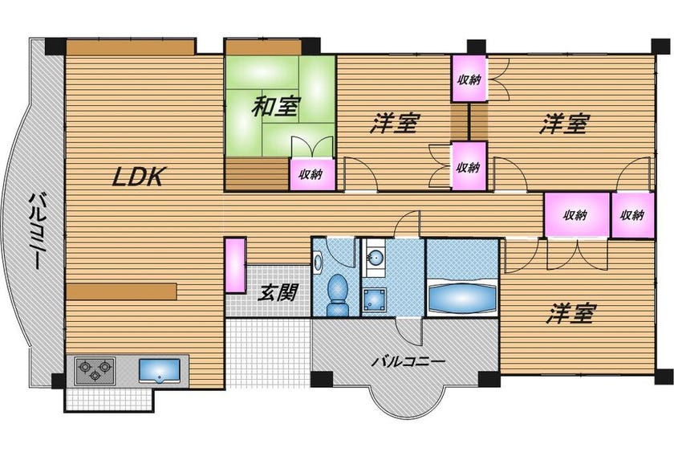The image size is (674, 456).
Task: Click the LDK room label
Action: pos(138,177)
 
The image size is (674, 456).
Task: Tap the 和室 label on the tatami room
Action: pos(275,106)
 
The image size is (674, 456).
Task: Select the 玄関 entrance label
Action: pos(278,293)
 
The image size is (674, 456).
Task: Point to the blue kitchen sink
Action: pos(159,371)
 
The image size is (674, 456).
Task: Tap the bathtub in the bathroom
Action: pos(462,299)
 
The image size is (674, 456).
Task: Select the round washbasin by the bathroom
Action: pos(376,259)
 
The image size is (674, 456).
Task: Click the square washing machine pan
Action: pos(375,299)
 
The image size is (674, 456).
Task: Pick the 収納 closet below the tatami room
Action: pos(312,174)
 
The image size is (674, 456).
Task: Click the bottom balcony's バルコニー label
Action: pos(408,361)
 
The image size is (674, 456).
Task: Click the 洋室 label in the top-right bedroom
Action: pos(564,124)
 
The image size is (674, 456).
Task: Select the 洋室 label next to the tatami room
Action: pos(395,123)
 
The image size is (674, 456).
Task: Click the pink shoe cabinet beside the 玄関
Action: pos(236,266)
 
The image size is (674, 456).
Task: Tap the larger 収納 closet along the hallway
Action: pos(577,214)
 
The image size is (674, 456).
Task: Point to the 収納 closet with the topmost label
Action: pos(469,79)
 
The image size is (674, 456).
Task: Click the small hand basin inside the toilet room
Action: pos(317,262)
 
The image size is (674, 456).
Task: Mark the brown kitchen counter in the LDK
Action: pos(122,291)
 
